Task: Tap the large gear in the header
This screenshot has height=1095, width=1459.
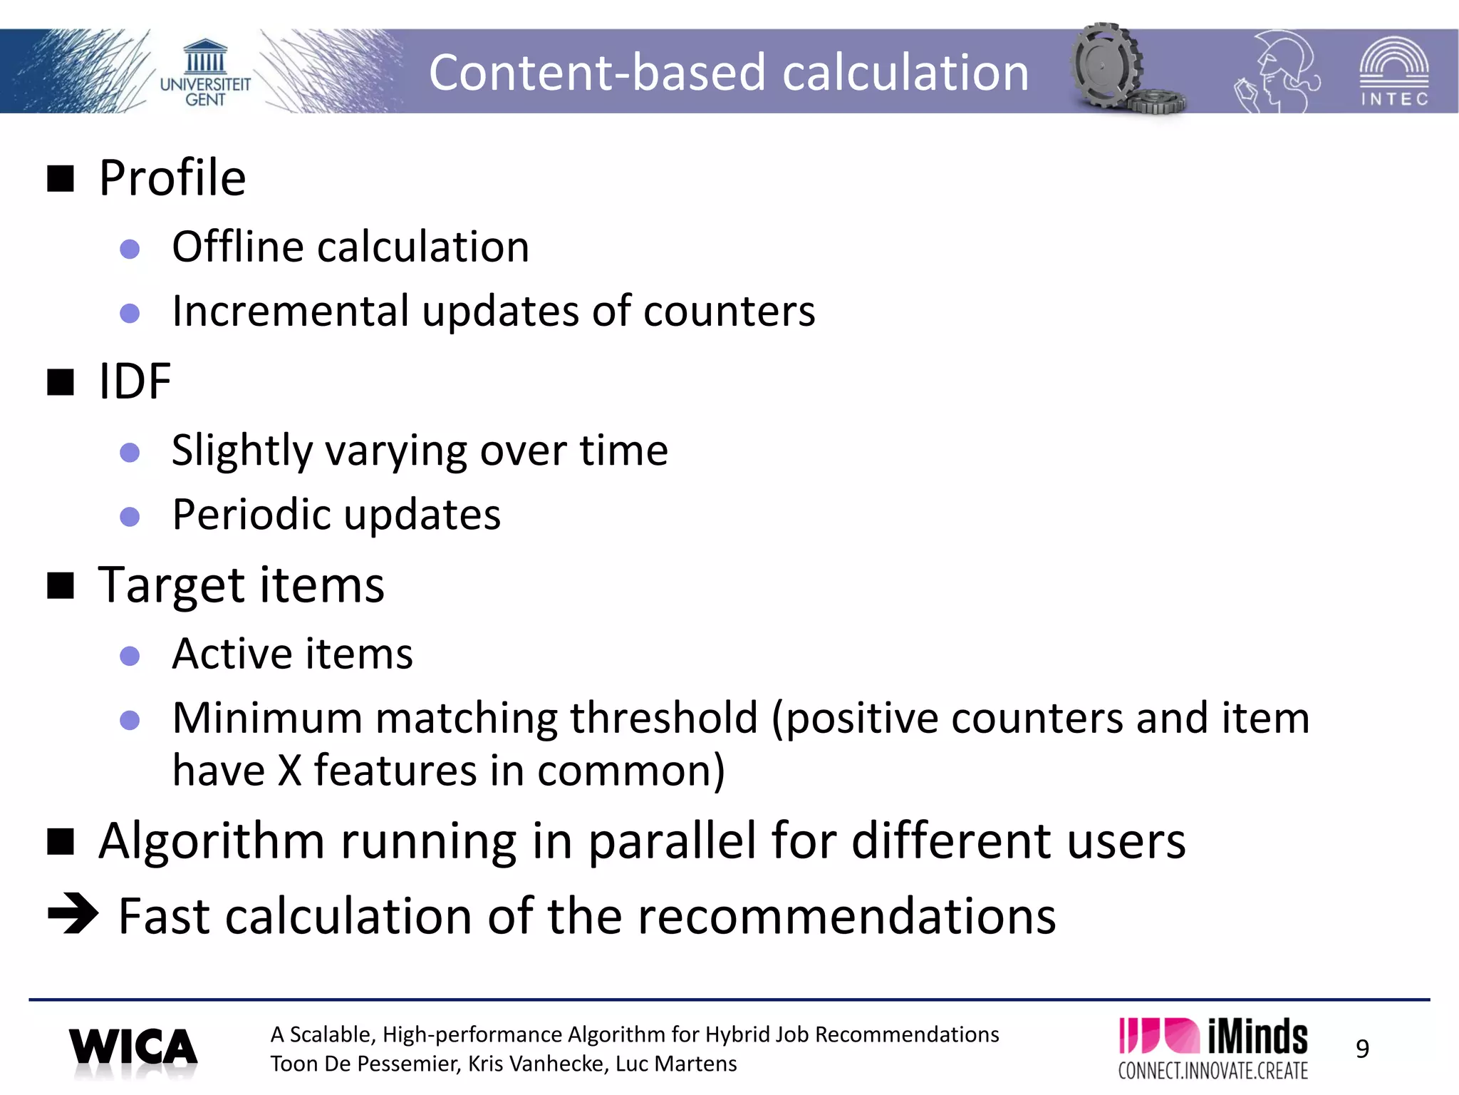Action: (x=1106, y=66)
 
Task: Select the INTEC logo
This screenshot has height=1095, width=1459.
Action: (x=1393, y=72)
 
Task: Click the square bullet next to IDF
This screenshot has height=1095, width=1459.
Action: (x=61, y=382)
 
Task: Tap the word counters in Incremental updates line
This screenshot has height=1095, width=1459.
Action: (x=729, y=312)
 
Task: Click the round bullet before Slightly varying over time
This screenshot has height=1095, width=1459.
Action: (x=130, y=452)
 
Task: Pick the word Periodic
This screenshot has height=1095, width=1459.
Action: (x=256, y=515)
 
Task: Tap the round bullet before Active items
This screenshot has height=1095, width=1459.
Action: (x=130, y=655)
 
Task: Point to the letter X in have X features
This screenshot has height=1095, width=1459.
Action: (x=289, y=771)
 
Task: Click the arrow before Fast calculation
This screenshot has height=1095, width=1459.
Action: (x=73, y=913)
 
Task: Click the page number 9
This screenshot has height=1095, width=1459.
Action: (x=1362, y=1049)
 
